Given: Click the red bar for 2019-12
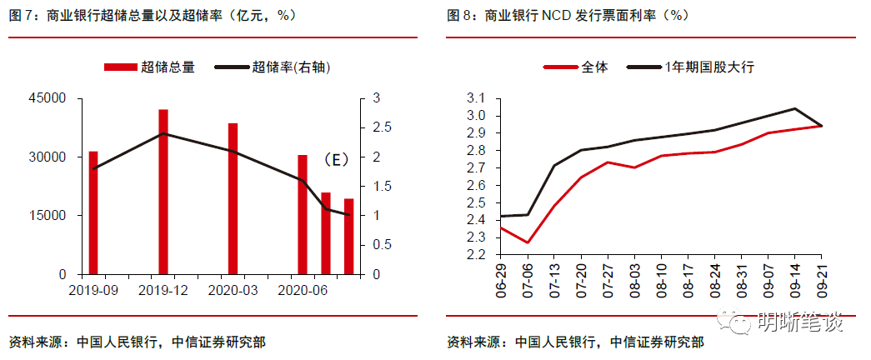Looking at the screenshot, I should tap(163, 192).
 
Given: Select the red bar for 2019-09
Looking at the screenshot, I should tap(93, 212).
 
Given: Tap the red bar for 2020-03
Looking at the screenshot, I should tap(233, 198).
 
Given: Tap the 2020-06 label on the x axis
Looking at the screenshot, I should tap(301, 290).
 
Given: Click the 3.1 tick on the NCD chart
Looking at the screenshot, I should tap(477, 98).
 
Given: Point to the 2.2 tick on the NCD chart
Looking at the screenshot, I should tap(477, 255).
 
